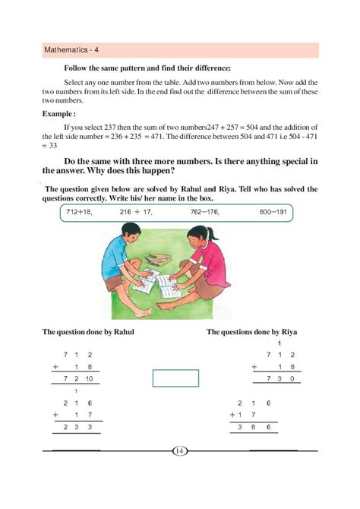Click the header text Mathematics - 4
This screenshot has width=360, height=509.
[x=70, y=51]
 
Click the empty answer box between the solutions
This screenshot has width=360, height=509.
[x=175, y=378]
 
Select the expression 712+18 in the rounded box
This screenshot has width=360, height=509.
[x=79, y=212]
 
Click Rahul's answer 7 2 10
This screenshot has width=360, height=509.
[x=79, y=378]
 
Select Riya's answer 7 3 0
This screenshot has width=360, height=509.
[x=280, y=378]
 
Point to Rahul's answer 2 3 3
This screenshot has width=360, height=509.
[x=78, y=428]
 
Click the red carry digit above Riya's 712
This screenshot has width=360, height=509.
[x=281, y=344]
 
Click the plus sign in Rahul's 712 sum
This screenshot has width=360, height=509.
[x=55, y=365]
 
